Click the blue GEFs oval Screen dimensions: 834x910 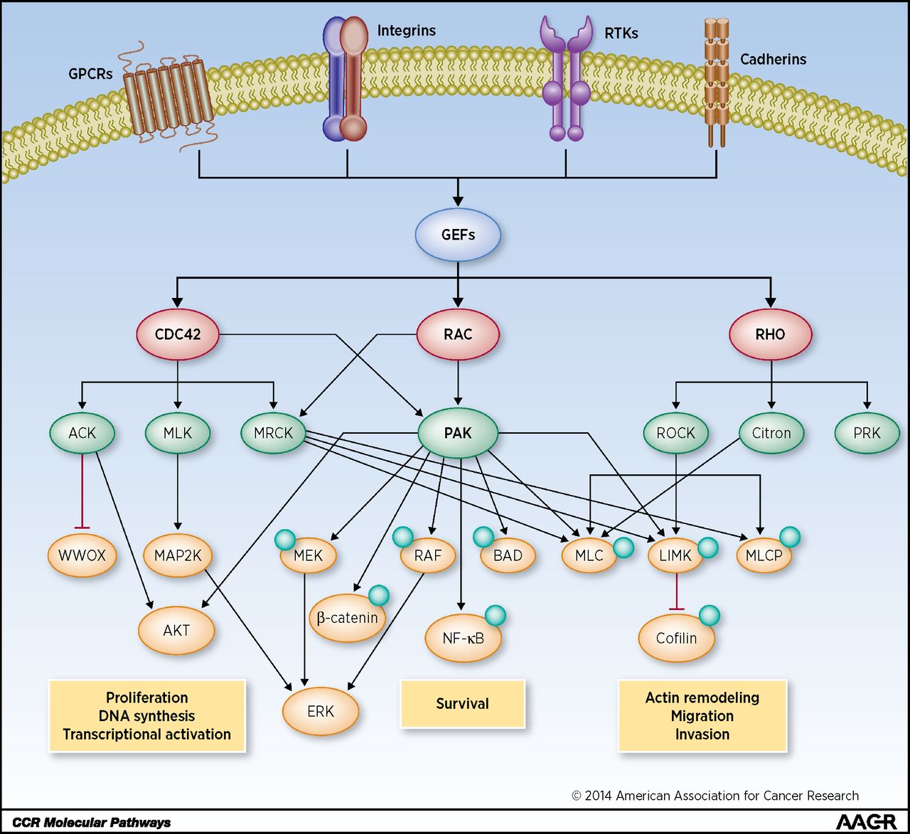(x=458, y=234)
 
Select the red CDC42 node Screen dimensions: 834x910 (x=178, y=333)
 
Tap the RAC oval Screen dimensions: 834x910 (x=458, y=333)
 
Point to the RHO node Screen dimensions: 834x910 (x=770, y=333)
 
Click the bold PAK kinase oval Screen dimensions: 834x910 (x=458, y=432)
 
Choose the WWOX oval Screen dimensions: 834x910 (x=82, y=555)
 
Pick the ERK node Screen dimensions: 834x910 (x=321, y=711)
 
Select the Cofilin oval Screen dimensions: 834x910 (x=676, y=638)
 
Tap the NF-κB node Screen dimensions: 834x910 (x=463, y=638)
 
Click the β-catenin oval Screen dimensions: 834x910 (x=347, y=618)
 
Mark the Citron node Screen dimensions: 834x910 (x=771, y=432)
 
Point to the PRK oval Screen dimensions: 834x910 (x=867, y=432)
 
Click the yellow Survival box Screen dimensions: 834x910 (x=462, y=703)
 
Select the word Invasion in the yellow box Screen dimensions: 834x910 (x=702, y=734)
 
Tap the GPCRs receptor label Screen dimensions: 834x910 (x=90, y=73)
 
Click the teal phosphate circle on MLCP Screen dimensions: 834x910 (x=790, y=537)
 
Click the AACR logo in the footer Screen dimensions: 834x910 (x=865, y=822)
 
